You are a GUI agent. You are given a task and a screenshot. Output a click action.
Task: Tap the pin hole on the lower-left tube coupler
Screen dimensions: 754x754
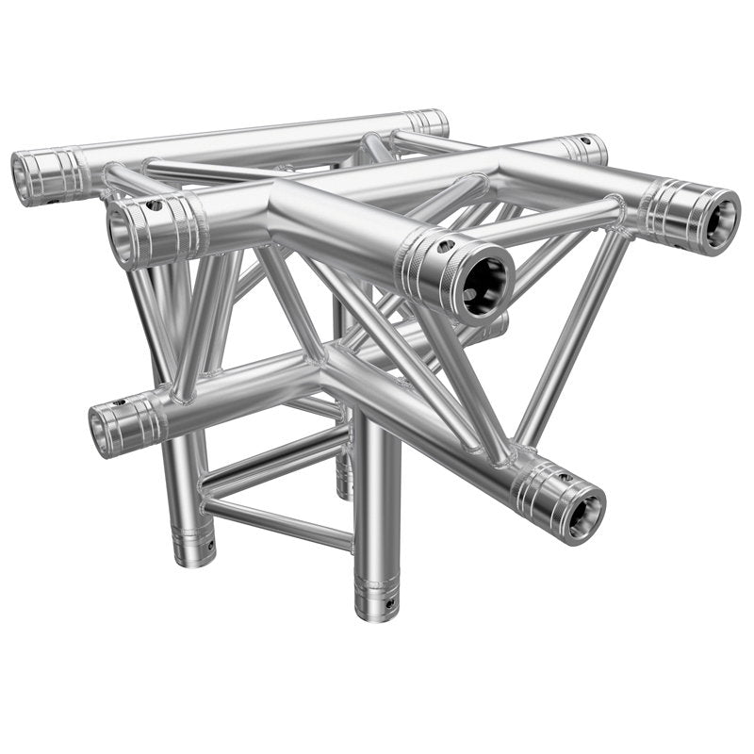click(119, 403)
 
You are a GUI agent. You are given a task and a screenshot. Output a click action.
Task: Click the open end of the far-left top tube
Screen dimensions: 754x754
click(27, 176)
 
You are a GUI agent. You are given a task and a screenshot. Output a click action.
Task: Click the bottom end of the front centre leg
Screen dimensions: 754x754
click(376, 609)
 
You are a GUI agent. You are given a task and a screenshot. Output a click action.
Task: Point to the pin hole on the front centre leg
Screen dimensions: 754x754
click(385, 596)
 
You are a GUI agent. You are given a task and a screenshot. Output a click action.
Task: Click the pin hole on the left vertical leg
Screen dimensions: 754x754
click(209, 544)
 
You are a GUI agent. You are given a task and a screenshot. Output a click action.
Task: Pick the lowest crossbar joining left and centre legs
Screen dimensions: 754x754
click(278, 524)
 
